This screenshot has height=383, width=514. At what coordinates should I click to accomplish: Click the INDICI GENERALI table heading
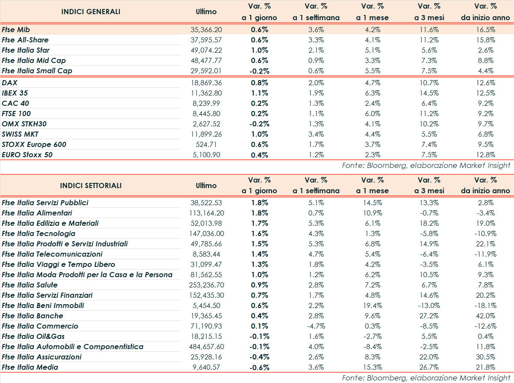pos(91,12)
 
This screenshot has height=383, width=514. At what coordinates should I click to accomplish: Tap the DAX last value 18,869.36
pos(206,83)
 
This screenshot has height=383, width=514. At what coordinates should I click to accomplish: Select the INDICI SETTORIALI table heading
pos(91,186)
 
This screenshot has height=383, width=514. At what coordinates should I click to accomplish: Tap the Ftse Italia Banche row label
pos(33,316)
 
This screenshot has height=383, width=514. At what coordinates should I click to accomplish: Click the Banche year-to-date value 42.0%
pos(485,316)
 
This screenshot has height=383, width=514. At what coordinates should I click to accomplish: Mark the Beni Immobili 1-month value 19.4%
pos(372,305)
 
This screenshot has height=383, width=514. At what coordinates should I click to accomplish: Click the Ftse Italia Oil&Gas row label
pos(33,336)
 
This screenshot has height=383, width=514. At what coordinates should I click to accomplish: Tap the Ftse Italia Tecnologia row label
pos(39,233)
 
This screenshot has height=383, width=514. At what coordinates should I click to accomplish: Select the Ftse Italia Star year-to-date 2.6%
pos(485,50)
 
